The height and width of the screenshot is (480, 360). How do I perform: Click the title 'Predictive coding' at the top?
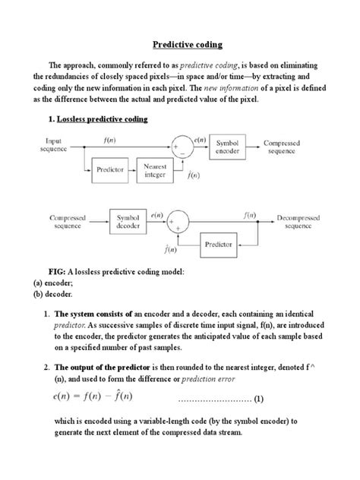[180, 45]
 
